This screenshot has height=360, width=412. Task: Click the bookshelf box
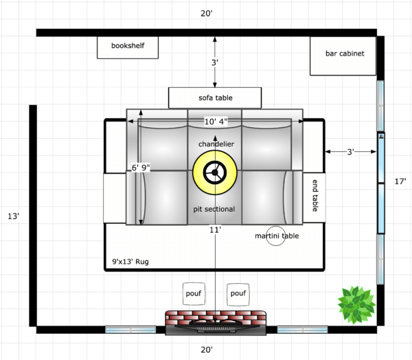click(128, 47)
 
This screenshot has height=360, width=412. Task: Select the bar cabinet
click(343, 56)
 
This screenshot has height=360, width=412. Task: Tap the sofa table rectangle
click(215, 98)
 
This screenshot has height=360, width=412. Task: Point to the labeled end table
click(314, 198)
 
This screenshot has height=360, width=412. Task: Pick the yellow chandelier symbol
click(215, 172)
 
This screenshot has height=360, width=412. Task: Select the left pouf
click(194, 294)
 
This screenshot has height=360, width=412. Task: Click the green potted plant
click(356, 305)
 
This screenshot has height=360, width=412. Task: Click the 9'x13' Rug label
click(130, 262)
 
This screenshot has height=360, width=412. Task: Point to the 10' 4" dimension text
click(216, 122)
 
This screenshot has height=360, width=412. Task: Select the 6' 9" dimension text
click(141, 168)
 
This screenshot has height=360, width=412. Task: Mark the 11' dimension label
click(215, 230)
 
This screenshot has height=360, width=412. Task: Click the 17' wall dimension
click(400, 181)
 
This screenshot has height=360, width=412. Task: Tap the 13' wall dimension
click(13, 216)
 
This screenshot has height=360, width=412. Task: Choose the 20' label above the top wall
click(207, 14)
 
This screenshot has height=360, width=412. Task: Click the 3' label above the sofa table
click(215, 63)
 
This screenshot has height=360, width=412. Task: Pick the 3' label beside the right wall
click(350, 152)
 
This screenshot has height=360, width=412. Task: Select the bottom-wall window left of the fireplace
click(130, 330)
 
